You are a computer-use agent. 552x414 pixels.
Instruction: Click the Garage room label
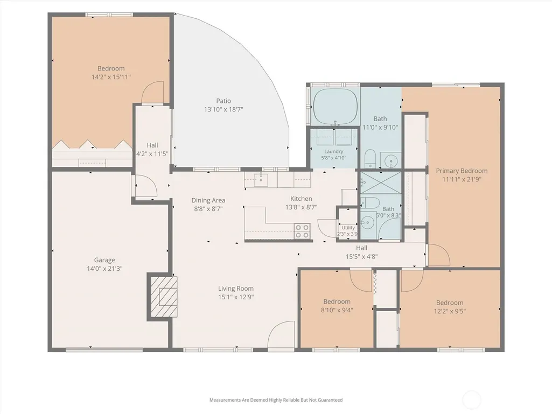(x=104, y=260)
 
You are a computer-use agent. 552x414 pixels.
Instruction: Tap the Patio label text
(x=223, y=101)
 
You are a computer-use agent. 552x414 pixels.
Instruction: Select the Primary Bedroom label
(x=462, y=171)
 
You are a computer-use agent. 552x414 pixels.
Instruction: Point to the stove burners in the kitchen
(x=302, y=231)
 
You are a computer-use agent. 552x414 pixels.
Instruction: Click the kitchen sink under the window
(x=261, y=179)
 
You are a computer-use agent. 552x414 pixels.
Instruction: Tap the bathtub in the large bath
(x=336, y=106)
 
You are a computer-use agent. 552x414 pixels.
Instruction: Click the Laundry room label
(x=334, y=151)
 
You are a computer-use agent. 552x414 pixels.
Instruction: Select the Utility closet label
(x=348, y=228)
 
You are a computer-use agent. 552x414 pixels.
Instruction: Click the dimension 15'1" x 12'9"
(x=236, y=297)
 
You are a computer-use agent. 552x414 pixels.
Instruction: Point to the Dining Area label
(x=208, y=200)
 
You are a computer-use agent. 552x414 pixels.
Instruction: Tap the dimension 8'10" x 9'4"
(x=337, y=310)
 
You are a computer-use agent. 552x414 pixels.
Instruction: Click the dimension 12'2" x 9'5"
(x=450, y=311)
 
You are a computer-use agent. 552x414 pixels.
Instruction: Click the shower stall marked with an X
(x=381, y=183)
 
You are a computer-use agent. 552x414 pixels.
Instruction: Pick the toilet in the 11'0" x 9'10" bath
(x=370, y=159)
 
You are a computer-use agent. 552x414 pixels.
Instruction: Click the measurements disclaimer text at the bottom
(x=276, y=400)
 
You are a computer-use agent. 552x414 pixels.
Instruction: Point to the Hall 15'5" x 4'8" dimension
(x=361, y=257)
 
